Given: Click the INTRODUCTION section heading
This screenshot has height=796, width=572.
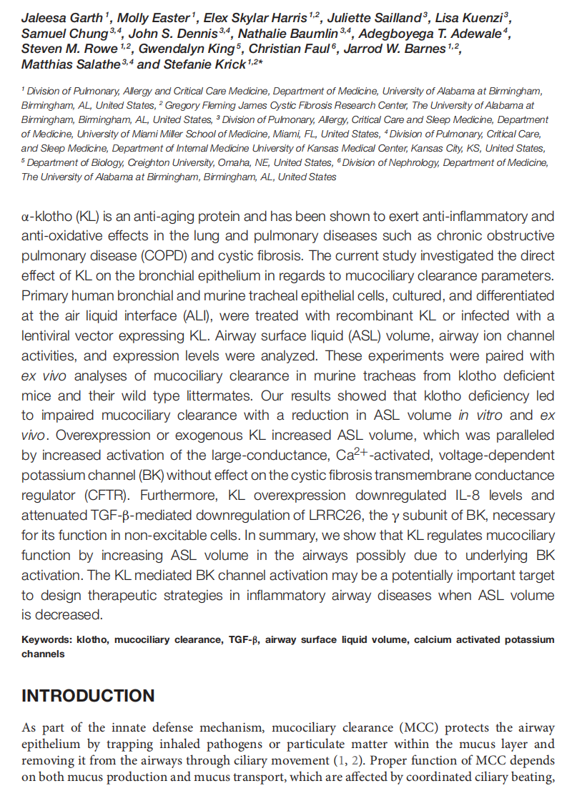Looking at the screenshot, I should point(88,696).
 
